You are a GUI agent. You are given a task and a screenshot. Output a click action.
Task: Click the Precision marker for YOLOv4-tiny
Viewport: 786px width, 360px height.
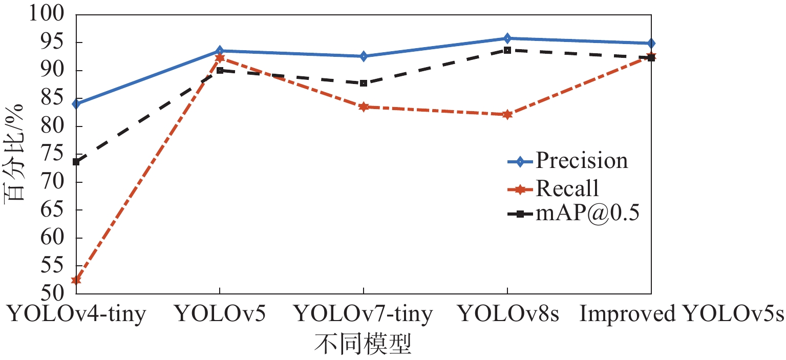point(76,104)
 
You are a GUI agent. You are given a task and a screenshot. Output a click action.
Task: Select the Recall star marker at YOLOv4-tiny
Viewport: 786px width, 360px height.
point(76,280)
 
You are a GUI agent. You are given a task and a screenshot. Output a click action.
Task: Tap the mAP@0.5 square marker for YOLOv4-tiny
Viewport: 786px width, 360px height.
point(76,162)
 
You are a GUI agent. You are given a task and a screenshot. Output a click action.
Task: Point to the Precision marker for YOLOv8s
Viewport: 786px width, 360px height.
point(507,38)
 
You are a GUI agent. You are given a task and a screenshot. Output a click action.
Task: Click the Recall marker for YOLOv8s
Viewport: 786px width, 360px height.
point(507,114)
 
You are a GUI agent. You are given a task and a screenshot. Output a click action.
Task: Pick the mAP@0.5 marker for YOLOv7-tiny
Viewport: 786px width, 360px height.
point(363,83)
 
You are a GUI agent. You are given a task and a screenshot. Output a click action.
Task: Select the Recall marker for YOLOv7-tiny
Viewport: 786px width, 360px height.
point(363,107)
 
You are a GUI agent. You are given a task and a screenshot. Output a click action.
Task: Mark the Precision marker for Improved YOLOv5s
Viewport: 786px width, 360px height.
point(651,44)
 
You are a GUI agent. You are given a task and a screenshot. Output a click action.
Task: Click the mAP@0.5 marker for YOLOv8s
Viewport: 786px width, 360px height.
point(507,50)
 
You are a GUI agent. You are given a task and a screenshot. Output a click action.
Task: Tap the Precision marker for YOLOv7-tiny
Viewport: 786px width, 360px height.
point(363,56)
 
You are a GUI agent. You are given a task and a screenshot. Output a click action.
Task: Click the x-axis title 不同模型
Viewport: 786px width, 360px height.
point(363,345)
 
